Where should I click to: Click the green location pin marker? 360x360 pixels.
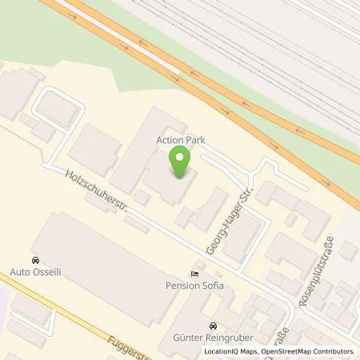pyautogui.click(x=182, y=166)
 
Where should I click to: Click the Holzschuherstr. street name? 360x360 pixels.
pyautogui.click(x=89, y=191)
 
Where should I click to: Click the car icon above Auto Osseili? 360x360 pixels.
pyautogui.click(x=35, y=261)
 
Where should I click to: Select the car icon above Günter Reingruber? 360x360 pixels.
pyautogui.click(x=212, y=326)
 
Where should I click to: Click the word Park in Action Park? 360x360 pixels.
pyautogui.click(x=198, y=139)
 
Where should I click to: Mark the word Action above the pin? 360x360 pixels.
pyautogui.click(x=170, y=139)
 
